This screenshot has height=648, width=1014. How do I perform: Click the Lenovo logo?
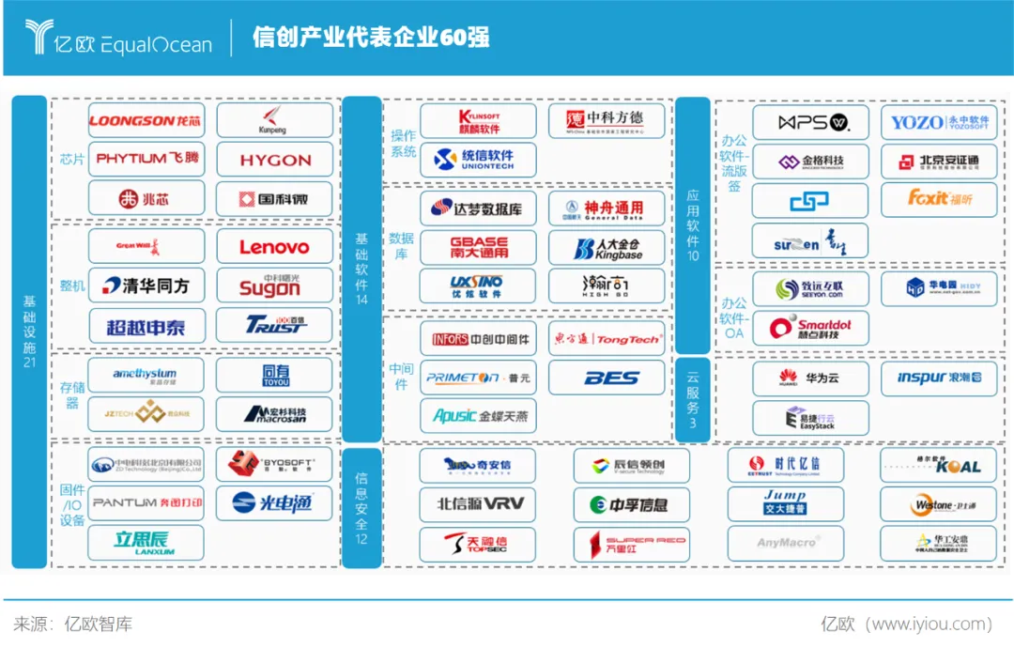274,247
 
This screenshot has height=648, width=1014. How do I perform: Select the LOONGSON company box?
146,121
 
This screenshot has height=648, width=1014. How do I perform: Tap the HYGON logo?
274,161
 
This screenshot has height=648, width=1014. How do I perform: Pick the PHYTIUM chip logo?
146,159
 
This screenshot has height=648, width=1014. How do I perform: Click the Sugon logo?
274,285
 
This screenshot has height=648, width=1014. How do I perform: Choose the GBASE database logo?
478,247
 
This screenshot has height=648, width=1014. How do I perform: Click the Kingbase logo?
607,247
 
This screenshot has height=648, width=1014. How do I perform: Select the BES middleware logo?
607,378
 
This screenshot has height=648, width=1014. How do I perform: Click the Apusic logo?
478,415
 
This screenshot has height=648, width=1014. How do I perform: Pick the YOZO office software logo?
940,122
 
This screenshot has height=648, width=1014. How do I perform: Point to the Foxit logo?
940,198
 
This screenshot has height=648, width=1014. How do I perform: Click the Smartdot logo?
809,328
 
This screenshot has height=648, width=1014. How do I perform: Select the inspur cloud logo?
940,378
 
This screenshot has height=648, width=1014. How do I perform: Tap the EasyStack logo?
809,417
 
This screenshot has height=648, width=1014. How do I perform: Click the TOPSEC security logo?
478,543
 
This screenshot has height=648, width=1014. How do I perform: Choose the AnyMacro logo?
785,543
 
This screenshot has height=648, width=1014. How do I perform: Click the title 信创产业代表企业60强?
371,38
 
